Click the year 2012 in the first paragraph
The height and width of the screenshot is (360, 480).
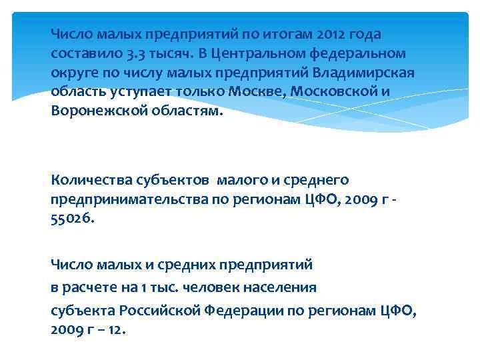333,34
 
